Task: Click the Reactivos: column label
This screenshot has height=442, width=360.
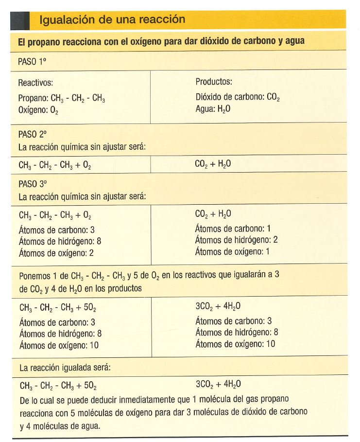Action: pyautogui.click(x=35, y=83)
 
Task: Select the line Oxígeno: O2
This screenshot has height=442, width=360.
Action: pyautogui.click(x=38, y=110)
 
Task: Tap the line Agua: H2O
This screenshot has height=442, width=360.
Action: pyautogui.click(x=213, y=109)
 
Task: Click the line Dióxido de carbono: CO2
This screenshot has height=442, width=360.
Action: pyautogui.click(x=237, y=97)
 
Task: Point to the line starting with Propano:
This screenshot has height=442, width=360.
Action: pyautogui.click(x=62, y=98)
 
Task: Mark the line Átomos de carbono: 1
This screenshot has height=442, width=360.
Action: pyautogui.click(x=233, y=229)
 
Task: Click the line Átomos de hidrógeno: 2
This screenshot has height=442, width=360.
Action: pyautogui.click(x=236, y=240)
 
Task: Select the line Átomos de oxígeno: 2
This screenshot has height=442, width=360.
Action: pyautogui.click(x=56, y=252)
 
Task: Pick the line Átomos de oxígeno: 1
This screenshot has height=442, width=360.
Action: pyautogui.click(x=232, y=251)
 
